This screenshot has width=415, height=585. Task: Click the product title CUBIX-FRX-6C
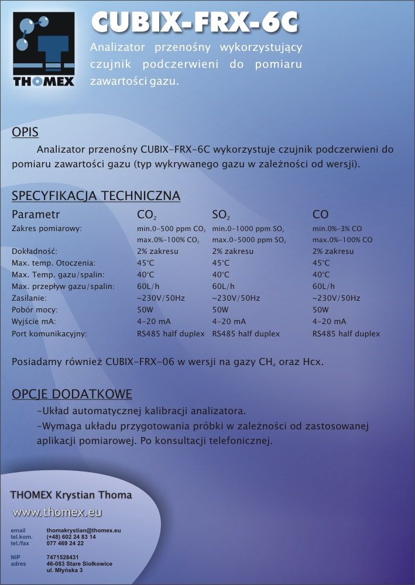195,23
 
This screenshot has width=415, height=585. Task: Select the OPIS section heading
25,133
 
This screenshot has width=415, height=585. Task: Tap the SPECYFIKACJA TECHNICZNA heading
96,196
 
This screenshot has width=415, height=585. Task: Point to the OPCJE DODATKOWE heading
72,394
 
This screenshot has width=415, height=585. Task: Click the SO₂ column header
221,215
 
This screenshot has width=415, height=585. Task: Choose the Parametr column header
36,215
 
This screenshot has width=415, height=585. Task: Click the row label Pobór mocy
34,310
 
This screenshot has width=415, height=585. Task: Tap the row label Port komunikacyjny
49,334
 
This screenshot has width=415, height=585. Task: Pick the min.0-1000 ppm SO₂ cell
248,229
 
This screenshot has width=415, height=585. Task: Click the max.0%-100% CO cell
342,240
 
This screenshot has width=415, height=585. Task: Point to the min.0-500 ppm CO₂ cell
171,229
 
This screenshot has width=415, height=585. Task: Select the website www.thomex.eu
57,512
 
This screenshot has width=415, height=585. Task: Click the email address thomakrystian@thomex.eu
83,530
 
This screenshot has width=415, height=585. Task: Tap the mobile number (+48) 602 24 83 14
71,536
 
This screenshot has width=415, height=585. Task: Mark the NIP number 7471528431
63,557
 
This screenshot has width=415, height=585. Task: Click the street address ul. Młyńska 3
64,570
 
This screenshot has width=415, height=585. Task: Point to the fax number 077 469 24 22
65,543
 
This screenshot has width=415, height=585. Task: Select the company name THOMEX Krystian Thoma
71,495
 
